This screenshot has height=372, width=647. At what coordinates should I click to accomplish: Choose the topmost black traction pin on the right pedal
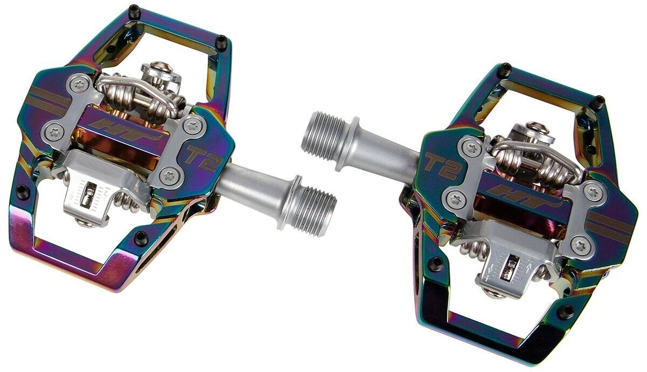click(x=505, y=68)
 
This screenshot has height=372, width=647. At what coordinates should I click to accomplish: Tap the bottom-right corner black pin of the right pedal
click(x=565, y=311)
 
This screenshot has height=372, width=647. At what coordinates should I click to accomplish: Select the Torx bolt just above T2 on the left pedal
click(x=191, y=125)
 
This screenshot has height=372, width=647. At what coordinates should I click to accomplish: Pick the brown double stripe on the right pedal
click(x=609, y=222)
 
